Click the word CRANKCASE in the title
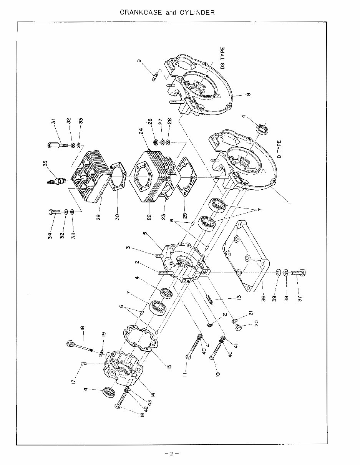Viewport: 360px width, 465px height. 141,12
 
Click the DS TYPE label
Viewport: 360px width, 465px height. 223,58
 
